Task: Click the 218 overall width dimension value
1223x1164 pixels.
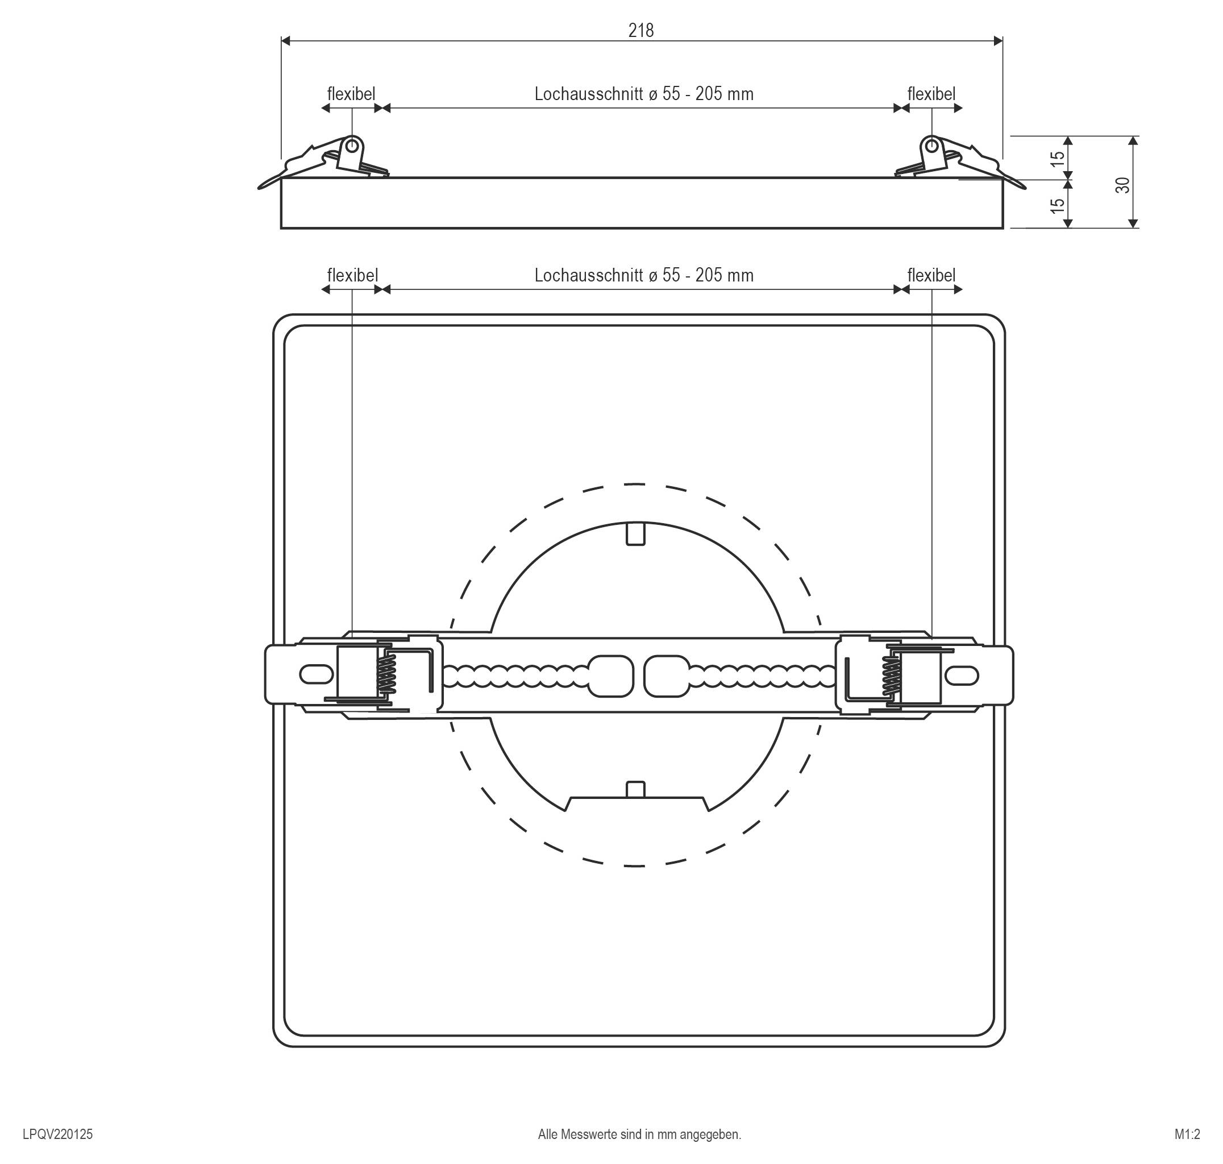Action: (640, 30)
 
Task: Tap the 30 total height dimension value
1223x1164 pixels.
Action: (1122, 185)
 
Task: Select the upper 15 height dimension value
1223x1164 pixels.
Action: (1058, 159)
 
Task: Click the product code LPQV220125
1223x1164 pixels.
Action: (57, 1134)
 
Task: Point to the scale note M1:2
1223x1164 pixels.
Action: (1187, 1134)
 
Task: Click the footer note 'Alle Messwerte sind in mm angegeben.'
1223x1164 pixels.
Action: (639, 1134)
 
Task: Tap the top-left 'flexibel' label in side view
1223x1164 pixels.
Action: (351, 94)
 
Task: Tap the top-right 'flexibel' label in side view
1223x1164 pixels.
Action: (931, 94)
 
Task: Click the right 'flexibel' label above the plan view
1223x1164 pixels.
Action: (931, 275)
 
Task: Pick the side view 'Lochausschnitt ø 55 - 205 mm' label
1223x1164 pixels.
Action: (644, 94)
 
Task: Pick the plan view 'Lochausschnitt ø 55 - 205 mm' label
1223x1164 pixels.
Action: (644, 275)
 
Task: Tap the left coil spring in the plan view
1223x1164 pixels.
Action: (386, 674)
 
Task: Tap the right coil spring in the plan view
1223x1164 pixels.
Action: (891, 676)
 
